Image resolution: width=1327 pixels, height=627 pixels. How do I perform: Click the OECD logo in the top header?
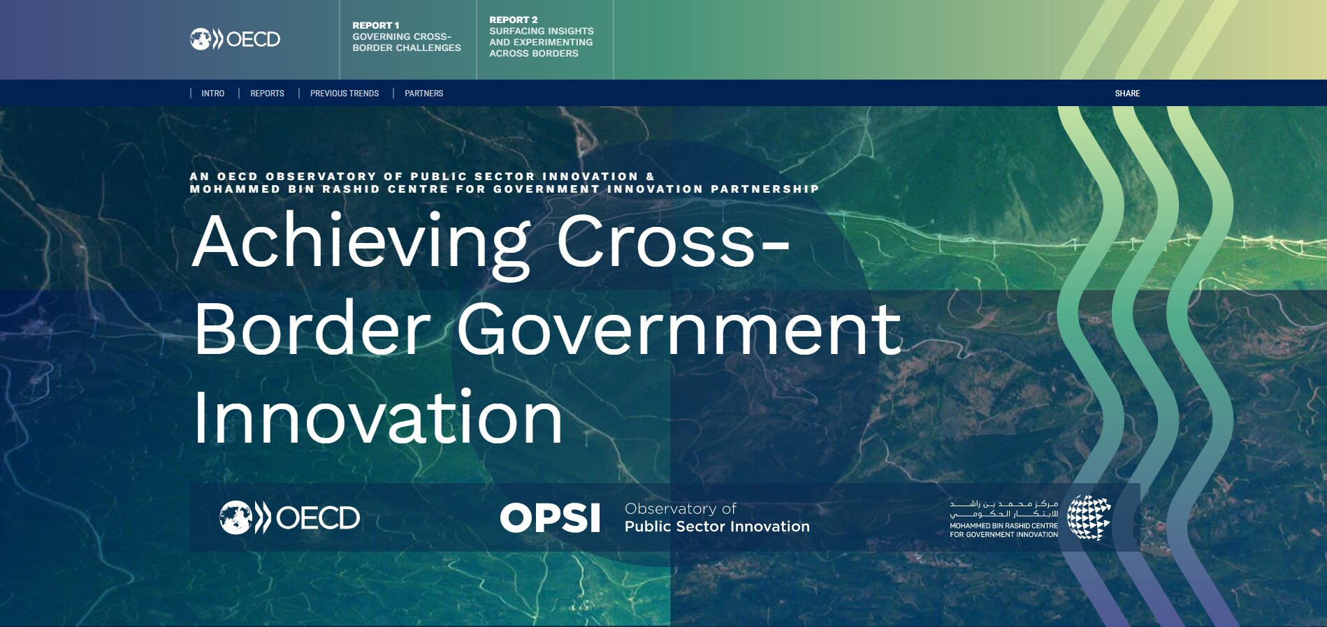pos(235,39)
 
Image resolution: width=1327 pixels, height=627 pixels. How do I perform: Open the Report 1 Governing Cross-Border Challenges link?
pos(406,37)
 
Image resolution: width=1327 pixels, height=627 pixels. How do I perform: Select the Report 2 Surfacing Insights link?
pos(541,37)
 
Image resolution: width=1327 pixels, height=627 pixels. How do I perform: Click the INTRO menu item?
pos(212,94)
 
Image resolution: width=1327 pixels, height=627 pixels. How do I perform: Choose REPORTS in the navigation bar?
pos(267,94)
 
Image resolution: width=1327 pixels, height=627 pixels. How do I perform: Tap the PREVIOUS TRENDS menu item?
pos(344,94)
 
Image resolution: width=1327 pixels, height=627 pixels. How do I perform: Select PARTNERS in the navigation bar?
pos(423,94)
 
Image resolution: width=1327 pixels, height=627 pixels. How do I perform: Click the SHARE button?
pos(1126,94)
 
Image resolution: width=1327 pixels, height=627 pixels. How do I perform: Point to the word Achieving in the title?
pos(361,242)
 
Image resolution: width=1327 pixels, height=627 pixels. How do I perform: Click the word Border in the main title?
pos(312,330)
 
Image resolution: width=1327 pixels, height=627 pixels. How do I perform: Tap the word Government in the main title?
pos(679,330)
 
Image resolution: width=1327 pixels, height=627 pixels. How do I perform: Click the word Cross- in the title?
pos(672,242)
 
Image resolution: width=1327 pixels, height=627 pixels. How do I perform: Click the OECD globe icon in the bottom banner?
pos(235,518)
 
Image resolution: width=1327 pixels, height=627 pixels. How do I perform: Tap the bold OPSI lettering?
pos(550,518)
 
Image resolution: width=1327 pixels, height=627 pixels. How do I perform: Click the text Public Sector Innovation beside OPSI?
pos(717,526)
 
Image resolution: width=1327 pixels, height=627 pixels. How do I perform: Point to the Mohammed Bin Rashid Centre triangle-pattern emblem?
pos(1089,517)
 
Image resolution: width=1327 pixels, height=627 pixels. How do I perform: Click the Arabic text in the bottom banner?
pos(1003,508)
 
